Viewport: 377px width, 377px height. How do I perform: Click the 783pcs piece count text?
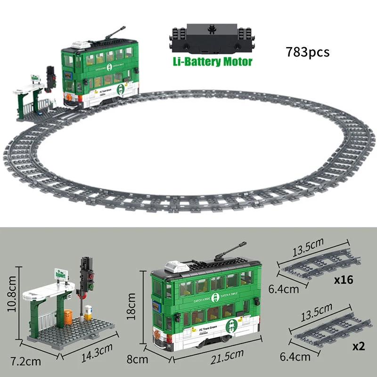[307, 51]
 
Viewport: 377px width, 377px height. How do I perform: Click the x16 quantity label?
[344, 280]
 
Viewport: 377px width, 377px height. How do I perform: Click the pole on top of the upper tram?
[113, 35]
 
